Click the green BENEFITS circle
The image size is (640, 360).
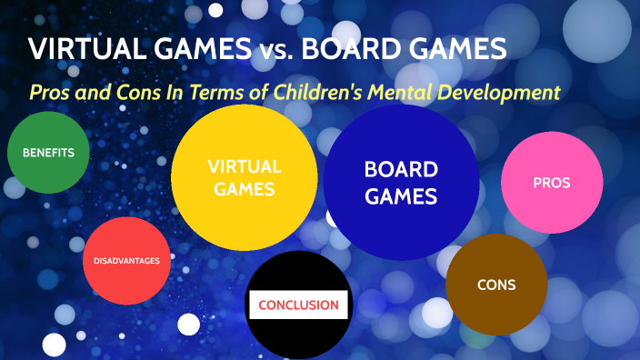tap(48, 153)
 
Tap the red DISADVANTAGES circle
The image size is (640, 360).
tap(126, 261)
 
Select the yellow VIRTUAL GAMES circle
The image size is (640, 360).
tap(245, 178)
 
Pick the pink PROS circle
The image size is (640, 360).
tap(552, 182)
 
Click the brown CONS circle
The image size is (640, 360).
tap(496, 285)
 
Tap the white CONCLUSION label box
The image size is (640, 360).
tap(298, 305)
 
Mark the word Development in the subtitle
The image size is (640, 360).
tap(505, 92)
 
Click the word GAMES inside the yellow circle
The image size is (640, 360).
tap(245, 190)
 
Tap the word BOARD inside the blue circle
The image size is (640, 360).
tap(401, 169)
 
